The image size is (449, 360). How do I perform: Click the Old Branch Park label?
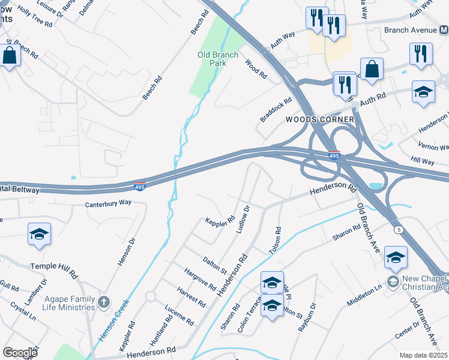(x=218, y=58)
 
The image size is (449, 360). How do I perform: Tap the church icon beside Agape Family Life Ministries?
(x=103, y=301)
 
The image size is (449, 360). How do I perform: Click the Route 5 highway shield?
(x=397, y=229)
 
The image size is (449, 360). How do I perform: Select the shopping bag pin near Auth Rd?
(x=372, y=69)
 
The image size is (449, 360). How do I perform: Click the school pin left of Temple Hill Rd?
(x=39, y=235)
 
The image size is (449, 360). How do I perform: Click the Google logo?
(x=20, y=353)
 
